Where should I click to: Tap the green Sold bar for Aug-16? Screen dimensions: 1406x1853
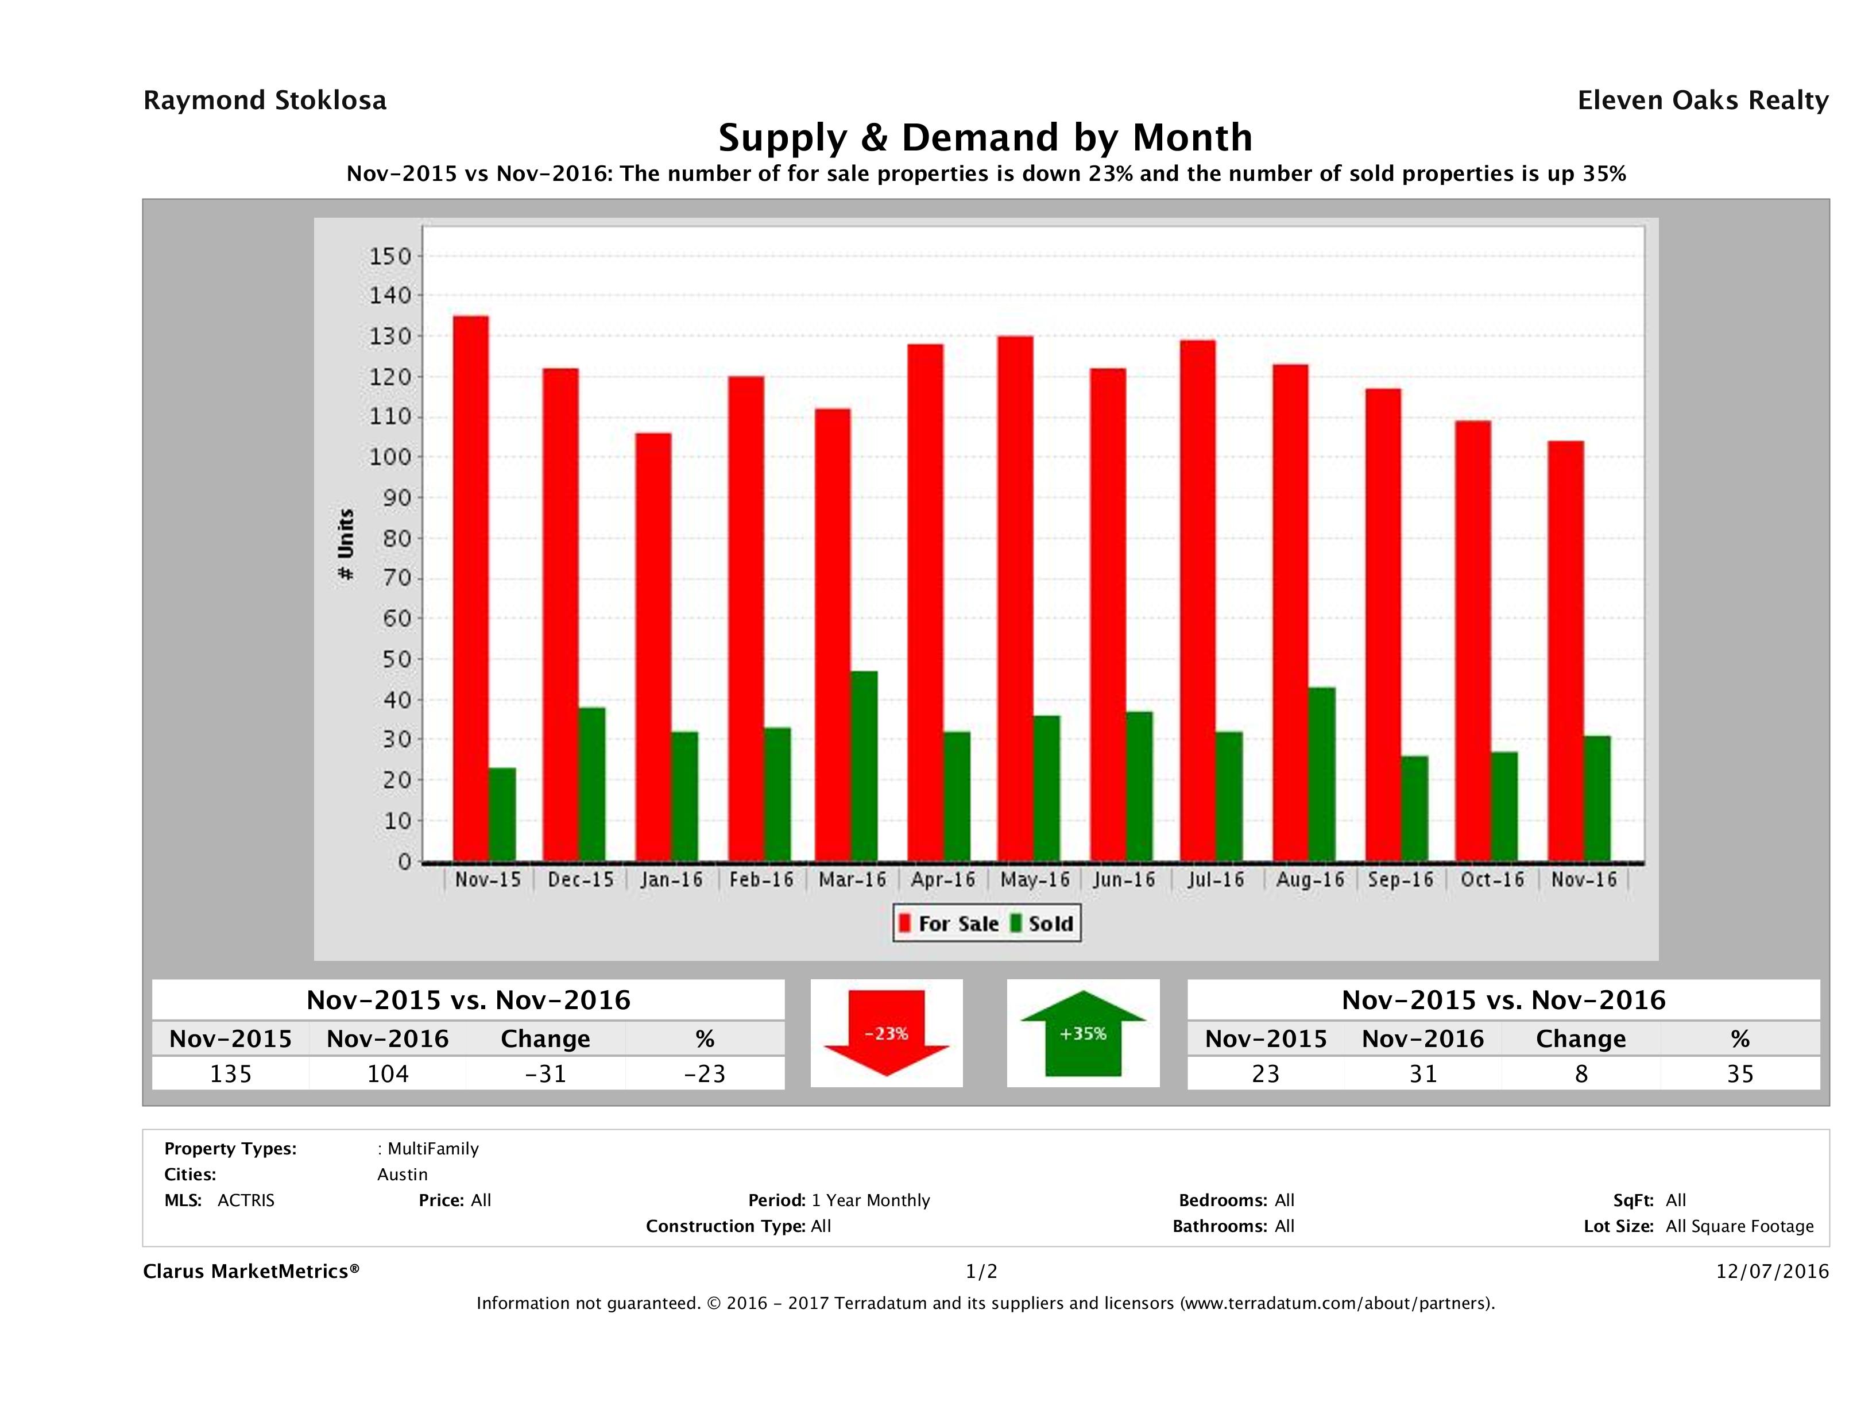(x=1321, y=774)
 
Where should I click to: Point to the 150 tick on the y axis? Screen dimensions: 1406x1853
(x=390, y=256)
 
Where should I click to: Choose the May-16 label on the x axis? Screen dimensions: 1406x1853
(x=1035, y=880)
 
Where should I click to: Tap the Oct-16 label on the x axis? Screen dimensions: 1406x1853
(x=1492, y=880)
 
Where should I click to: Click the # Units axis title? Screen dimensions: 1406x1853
(x=345, y=544)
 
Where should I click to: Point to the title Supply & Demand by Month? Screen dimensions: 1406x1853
(x=985, y=137)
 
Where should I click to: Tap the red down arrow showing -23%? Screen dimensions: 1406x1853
(x=886, y=1033)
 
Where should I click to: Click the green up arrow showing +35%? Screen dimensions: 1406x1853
(x=1083, y=1033)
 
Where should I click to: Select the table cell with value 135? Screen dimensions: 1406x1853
(x=230, y=1073)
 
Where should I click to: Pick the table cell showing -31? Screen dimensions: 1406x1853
(x=546, y=1073)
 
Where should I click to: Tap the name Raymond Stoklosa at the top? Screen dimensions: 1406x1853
(x=265, y=101)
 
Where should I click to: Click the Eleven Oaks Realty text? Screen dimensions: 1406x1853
(x=1702, y=101)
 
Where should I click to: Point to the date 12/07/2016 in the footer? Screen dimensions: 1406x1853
(x=1771, y=1271)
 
